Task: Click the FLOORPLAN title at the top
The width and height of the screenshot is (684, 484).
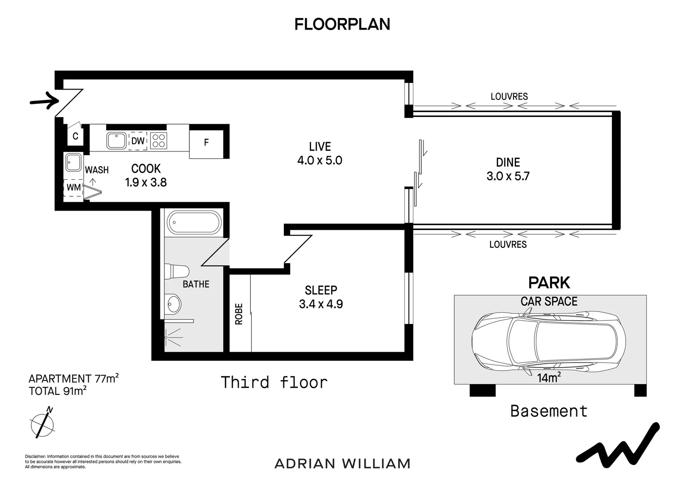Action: click(342, 24)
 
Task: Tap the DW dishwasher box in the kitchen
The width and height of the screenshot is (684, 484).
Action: click(138, 141)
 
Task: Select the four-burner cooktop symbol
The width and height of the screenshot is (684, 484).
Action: click(158, 141)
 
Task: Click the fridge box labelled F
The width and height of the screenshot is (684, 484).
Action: click(206, 143)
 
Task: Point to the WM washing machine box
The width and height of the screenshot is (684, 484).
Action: click(73, 187)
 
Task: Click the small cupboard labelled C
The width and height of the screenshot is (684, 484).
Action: click(75, 136)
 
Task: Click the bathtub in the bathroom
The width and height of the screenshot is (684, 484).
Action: click(194, 222)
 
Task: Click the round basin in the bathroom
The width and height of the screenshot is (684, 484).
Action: click(172, 304)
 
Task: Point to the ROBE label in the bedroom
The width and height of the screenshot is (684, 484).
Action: click(239, 314)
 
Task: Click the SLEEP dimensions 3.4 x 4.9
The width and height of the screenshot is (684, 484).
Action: click(321, 304)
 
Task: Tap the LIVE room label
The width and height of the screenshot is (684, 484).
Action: click(320, 147)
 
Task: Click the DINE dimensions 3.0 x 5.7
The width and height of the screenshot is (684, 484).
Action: click(508, 176)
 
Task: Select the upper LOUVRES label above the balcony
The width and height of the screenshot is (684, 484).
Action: click(509, 96)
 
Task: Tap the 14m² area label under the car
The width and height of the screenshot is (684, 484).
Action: click(549, 378)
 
